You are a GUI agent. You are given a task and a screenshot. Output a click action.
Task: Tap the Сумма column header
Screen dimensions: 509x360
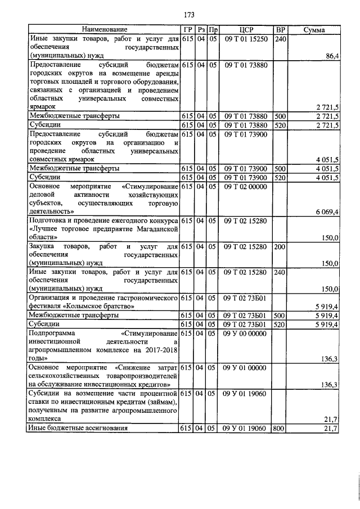(313, 29)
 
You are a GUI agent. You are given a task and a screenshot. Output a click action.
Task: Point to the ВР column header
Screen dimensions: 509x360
(280, 29)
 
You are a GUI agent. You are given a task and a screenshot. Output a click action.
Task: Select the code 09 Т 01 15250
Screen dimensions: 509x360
(246, 39)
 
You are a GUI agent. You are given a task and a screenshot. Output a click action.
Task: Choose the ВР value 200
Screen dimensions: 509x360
(279, 247)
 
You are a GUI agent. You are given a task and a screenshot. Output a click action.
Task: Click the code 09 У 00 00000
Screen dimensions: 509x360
(246, 333)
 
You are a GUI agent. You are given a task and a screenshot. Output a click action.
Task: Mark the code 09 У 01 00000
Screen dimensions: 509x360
(246, 367)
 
